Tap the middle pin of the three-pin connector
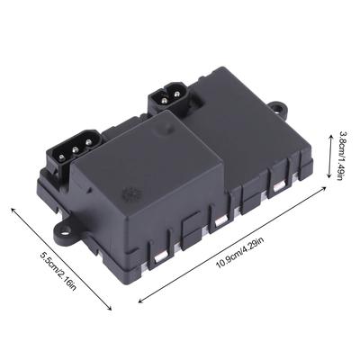coord(76,148)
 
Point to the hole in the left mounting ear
coord(67,230)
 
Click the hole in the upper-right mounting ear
coord(281,107)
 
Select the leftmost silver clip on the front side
coord(161,257)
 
